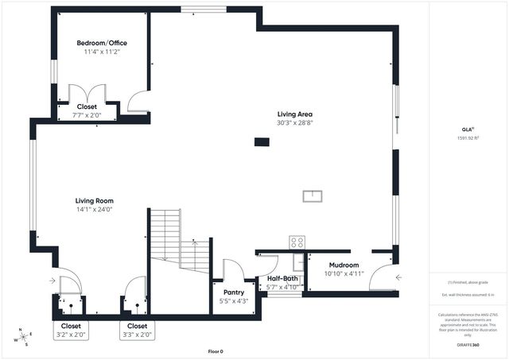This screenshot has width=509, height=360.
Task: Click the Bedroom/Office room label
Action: click(101, 43)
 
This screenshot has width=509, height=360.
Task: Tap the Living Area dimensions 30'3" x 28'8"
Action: click(294, 123)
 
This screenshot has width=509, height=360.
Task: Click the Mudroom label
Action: click(343, 265)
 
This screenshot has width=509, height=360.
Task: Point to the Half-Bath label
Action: click(282, 278)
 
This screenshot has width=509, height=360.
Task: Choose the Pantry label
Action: click(233, 292)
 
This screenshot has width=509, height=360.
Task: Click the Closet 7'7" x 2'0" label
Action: click(87, 106)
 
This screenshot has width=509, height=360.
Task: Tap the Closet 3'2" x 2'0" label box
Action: click(71, 330)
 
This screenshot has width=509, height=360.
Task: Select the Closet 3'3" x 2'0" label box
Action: click(137, 330)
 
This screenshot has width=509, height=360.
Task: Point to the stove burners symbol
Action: click(297, 242)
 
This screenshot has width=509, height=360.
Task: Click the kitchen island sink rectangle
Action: click(311, 195)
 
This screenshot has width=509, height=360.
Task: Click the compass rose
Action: click(25, 337)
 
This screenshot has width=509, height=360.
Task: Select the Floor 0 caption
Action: click(216, 351)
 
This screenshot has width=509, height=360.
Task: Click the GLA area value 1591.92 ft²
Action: click(468, 138)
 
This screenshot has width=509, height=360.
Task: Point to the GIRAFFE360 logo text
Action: click(468, 346)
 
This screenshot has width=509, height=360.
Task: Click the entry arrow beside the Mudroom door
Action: click(398, 277)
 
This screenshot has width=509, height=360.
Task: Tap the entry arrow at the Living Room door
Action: click(52, 281)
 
